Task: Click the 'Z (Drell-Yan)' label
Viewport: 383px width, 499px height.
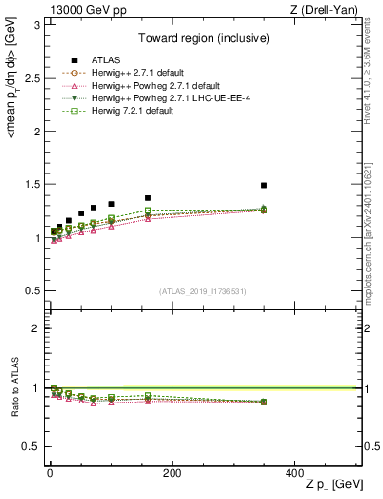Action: tap(326, 10)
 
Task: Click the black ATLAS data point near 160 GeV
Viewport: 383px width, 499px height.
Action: tap(148, 198)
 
